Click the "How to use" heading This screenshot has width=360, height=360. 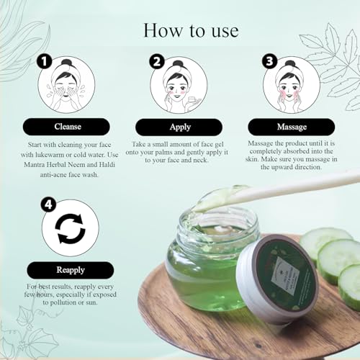tap(191, 30)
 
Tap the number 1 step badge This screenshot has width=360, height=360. tap(45, 62)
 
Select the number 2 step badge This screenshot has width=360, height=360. tap(157, 62)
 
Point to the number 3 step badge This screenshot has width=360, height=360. tap(269, 61)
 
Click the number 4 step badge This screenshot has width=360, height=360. tap(48, 204)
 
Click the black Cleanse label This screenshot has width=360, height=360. tap(66, 127)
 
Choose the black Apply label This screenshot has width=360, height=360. tap(179, 127)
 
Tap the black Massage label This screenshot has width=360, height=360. tap(292, 127)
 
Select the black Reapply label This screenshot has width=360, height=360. tap(71, 270)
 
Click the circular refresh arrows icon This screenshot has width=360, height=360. tap(71, 228)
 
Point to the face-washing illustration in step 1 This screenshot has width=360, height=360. tap(66, 85)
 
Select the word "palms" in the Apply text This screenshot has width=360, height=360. tap(174, 152)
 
